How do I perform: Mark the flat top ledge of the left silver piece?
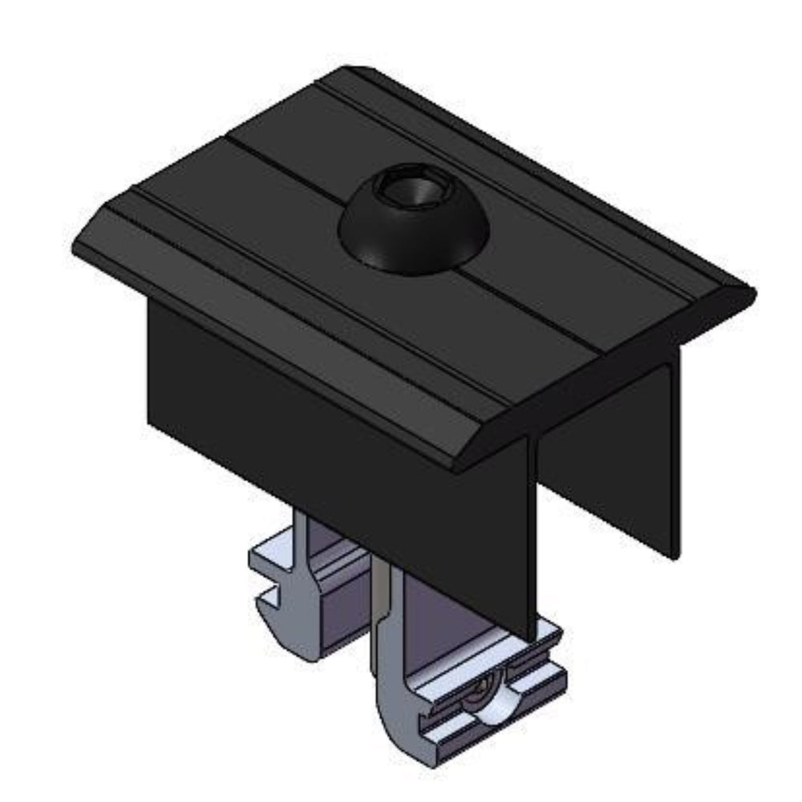click(x=273, y=553)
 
